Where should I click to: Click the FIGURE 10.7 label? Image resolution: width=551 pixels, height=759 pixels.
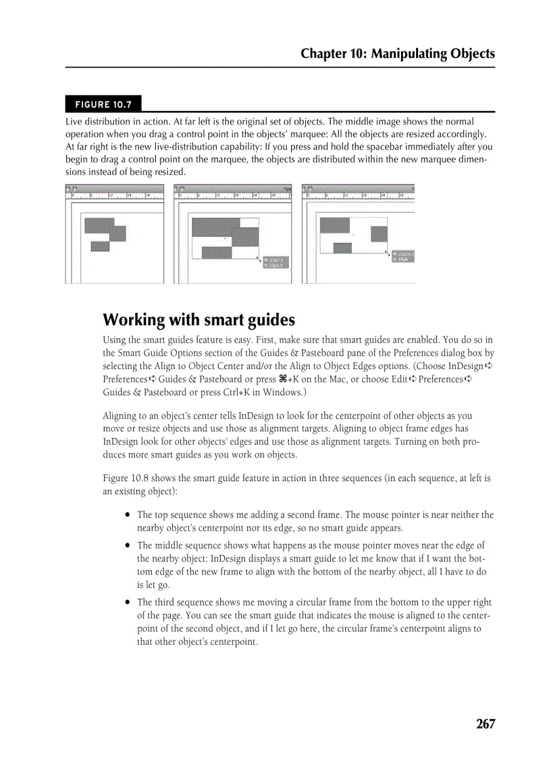pyautogui.click(x=103, y=104)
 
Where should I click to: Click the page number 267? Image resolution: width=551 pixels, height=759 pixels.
pyautogui.click(x=485, y=724)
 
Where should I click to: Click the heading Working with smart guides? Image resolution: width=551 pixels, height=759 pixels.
pyautogui.click(x=199, y=319)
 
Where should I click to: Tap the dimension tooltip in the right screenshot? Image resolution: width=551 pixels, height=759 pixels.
pyautogui.click(x=402, y=256)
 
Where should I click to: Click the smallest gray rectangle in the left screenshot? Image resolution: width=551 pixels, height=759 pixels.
pyautogui.click(x=100, y=245)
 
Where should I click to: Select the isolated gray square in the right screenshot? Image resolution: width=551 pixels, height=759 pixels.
pyautogui.click(x=379, y=234)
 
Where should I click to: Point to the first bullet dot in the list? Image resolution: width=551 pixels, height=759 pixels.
pyautogui.click(x=127, y=515)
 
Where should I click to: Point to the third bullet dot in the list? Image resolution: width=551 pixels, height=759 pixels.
pyautogui.click(x=127, y=602)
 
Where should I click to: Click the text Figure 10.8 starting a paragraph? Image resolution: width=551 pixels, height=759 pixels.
pyautogui.click(x=124, y=479)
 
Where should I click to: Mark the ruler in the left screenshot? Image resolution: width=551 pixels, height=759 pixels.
pyautogui.click(x=115, y=197)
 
